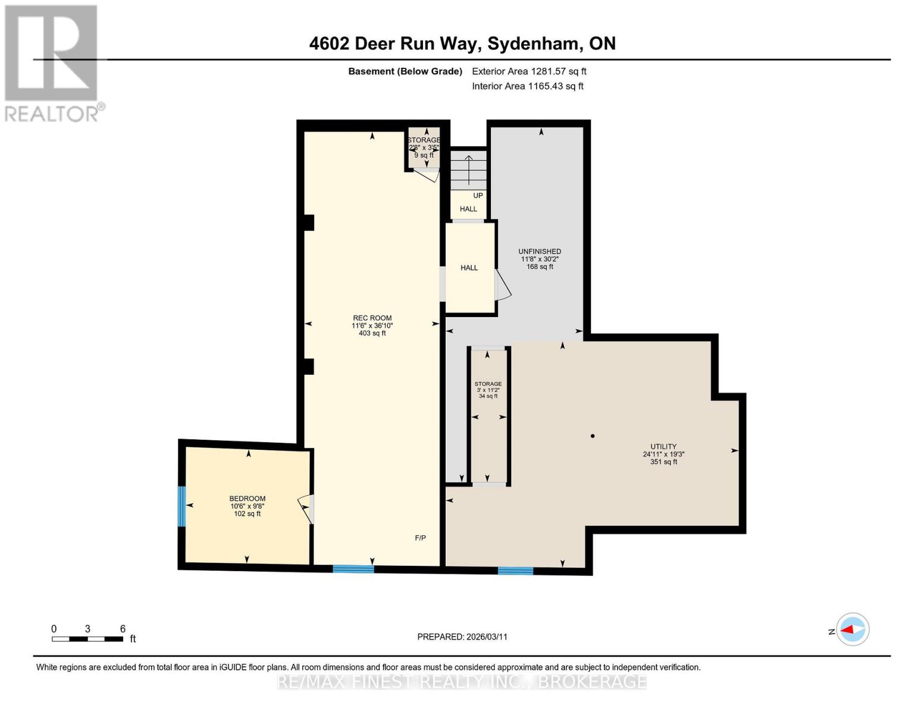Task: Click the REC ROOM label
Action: (372, 318)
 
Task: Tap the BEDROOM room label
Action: (247, 499)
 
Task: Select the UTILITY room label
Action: (663, 446)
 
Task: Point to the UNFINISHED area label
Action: (540, 251)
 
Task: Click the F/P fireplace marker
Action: (420, 538)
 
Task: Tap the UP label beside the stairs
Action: (478, 196)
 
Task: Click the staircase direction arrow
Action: (469, 170)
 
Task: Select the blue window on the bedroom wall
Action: (181, 506)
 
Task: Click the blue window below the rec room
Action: (353, 569)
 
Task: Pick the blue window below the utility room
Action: (515, 571)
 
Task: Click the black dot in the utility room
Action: (593, 436)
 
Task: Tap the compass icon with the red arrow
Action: (853, 630)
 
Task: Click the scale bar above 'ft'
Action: (87, 639)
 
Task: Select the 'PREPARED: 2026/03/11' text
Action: (462, 637)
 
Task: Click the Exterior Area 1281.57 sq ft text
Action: (529, 71)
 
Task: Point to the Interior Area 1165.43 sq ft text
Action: (528, 86)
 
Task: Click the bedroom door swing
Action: (305, 509)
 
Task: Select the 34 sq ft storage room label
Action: (488, 396)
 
